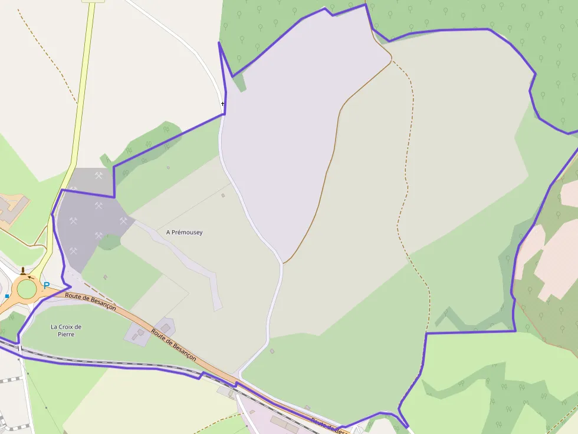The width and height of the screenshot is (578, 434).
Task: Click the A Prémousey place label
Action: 184,233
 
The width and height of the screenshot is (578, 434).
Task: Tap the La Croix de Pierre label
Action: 66,330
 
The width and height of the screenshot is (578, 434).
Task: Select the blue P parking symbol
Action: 46,286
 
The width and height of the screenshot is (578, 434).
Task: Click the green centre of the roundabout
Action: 27,289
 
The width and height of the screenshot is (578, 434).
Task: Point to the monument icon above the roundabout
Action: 23,271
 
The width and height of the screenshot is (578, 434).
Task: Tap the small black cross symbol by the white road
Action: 223,104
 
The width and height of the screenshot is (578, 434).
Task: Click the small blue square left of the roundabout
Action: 7,296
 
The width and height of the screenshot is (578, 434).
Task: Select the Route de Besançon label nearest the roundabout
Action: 90,302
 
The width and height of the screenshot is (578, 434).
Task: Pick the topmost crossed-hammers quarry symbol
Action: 99,175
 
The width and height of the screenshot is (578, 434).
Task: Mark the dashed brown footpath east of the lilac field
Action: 406,177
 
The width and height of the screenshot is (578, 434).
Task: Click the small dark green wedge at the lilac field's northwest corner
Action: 239,83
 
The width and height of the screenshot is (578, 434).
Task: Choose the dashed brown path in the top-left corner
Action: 47,53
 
